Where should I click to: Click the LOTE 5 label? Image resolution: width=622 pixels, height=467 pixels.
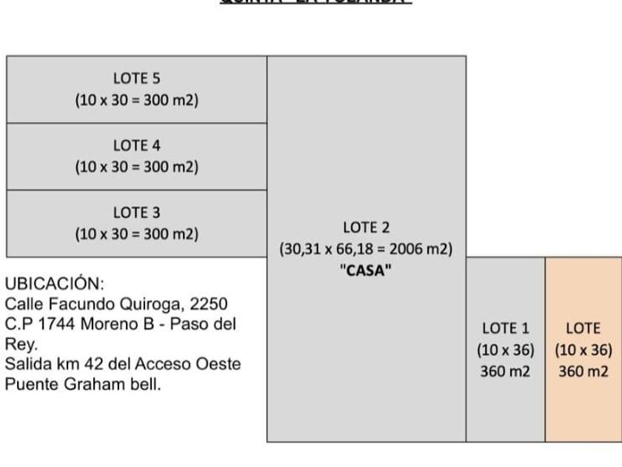(136, 78)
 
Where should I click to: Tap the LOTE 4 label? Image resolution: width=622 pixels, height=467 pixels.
(136, 145)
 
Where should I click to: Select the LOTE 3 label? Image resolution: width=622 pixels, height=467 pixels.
(136, 213)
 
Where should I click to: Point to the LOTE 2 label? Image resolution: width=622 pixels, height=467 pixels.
(366, 228)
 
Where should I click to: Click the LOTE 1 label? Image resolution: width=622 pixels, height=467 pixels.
(505, 328)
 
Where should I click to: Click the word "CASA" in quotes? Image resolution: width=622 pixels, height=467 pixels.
(366, 271)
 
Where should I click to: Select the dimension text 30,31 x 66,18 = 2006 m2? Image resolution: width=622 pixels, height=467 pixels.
(366, 249)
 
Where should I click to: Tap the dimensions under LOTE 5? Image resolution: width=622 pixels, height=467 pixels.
(136, 100)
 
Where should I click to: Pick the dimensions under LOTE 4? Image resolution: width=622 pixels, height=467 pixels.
(136, 167)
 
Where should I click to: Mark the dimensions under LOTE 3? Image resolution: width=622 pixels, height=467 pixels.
(136, 234)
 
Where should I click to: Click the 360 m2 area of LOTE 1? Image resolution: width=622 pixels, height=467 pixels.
(505, 371)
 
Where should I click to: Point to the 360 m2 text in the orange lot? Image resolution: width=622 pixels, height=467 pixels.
(583, 371)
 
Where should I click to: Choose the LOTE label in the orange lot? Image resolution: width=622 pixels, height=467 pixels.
(583, 328)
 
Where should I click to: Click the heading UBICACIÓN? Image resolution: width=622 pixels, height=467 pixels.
(54, 284)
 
